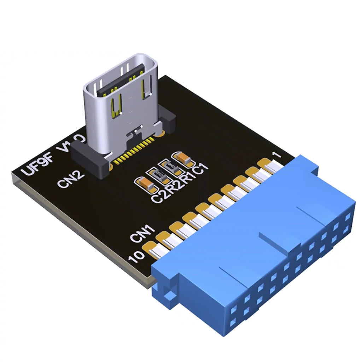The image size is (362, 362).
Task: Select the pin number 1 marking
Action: point(277,155)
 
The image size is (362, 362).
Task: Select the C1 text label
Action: point(201,169)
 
